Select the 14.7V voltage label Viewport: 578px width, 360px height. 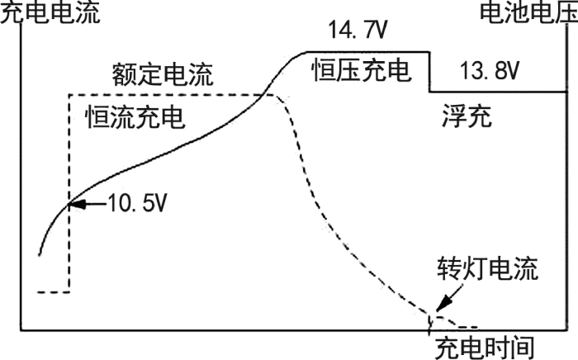[355, 32]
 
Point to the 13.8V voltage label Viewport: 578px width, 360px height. [489, 73]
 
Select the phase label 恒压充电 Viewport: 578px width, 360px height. [361, 71]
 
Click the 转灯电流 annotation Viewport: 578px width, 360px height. [488, 270]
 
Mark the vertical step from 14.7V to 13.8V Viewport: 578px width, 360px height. [429, 73]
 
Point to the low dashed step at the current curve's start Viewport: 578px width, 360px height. [54, 291]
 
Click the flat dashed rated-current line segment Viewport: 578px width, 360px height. [165, 94]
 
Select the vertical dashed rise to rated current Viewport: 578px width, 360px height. [69, 190]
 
